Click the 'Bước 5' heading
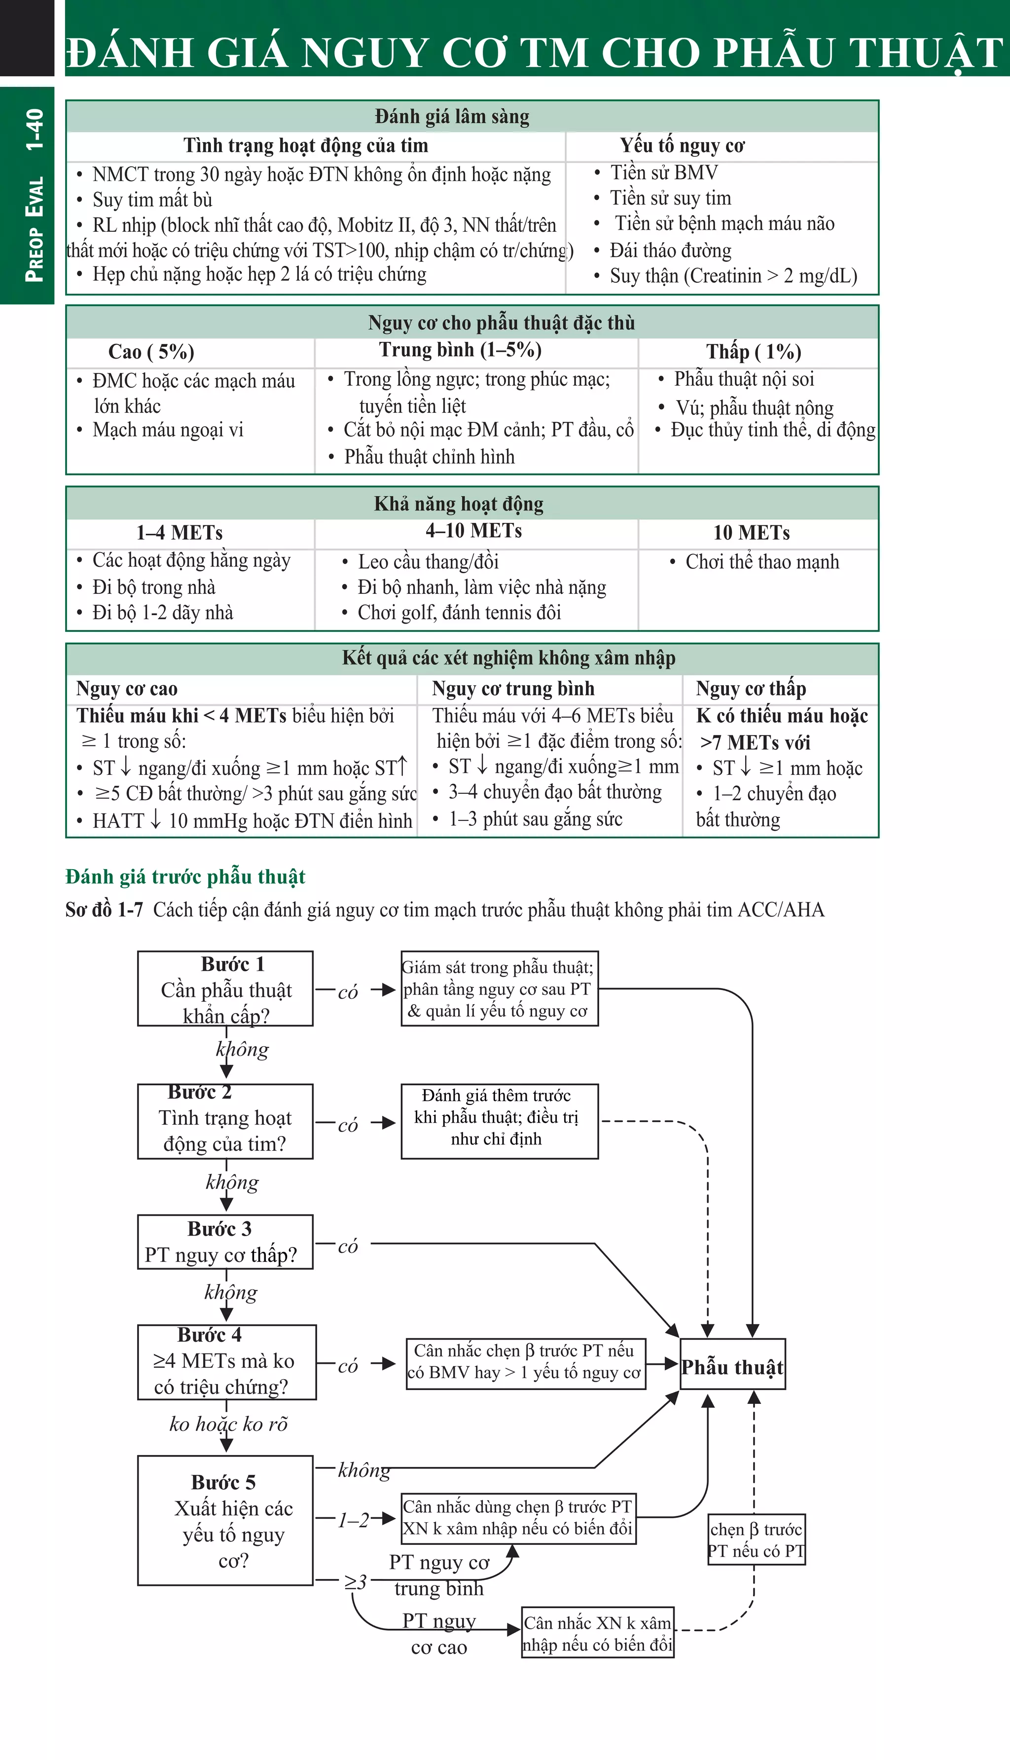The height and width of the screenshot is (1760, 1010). [223, 1482]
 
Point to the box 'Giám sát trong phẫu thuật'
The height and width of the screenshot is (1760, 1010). [499, 989]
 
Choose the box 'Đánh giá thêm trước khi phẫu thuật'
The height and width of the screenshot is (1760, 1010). [499, 1117]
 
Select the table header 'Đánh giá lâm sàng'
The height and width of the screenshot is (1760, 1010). [452, 116]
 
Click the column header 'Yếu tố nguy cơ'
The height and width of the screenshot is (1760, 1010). [682, 146]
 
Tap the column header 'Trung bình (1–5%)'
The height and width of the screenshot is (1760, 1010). [460, 350]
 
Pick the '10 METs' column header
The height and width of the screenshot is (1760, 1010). [751, 533]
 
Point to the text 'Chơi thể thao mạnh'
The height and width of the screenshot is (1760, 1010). [761, 562]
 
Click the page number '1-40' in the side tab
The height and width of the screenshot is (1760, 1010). [34, 129]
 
